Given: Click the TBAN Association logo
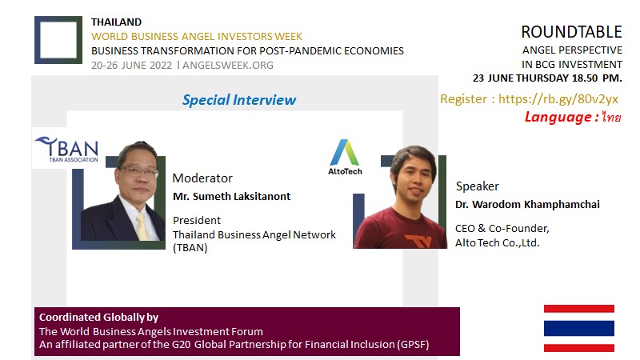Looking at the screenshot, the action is [x=67, y=150].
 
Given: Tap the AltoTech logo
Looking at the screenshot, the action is [x=345, y=157].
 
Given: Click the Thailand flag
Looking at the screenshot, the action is [x=578, y=328].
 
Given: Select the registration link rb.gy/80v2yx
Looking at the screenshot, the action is [x=558, y=98].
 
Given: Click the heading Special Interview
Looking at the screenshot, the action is [x=239, y=100].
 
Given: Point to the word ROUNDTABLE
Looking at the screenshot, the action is [x=571, y=32].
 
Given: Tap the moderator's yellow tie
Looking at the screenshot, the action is [x=142, y=226].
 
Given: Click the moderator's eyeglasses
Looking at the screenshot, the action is [x=138, y=171].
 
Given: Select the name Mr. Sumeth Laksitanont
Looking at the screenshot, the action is [x=231, y=196].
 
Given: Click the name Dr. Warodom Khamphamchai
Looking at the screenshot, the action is [x=527, y=205].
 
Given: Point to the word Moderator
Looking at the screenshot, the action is [x=202, y=178].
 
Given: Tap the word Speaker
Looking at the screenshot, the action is [x=477, y=186].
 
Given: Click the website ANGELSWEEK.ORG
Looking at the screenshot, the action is [x=228, y=66].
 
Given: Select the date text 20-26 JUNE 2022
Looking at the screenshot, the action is [x=131, y=66].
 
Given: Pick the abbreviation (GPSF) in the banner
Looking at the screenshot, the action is [x=412, y=345].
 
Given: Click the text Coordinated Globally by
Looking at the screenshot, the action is [x=98, y=318].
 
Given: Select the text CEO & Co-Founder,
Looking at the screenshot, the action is [x=502, y=229].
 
